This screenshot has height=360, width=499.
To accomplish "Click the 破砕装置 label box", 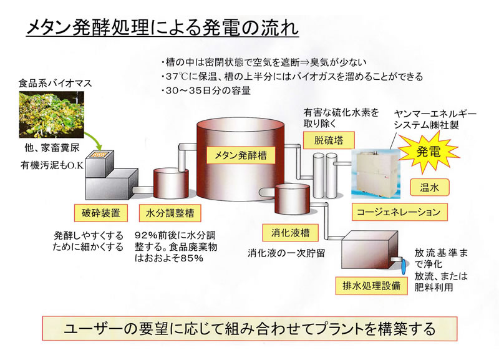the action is point(101,213).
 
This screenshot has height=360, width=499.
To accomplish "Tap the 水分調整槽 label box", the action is point(170,213).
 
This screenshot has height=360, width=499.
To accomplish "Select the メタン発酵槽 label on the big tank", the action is point(241,155).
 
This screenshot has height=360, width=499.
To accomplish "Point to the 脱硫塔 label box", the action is point(329,140).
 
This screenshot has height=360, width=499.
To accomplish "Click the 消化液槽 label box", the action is point(290,233).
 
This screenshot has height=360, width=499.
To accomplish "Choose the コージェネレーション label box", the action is point(399,212).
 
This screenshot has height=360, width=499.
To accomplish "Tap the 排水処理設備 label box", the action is point(371,286).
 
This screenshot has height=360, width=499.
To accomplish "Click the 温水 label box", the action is point(429,187).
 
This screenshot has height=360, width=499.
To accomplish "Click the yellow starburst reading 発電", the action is point(429,152).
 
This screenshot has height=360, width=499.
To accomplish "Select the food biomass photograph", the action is point(52,115).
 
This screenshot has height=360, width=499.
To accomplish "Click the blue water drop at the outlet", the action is point(403,267).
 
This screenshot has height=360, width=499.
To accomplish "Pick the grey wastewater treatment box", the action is point(370,251).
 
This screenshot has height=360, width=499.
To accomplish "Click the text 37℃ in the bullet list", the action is point(177,77).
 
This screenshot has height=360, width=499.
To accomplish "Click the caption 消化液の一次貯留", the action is point(286,253).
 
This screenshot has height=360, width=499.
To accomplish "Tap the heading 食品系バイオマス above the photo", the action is point(55,84).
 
